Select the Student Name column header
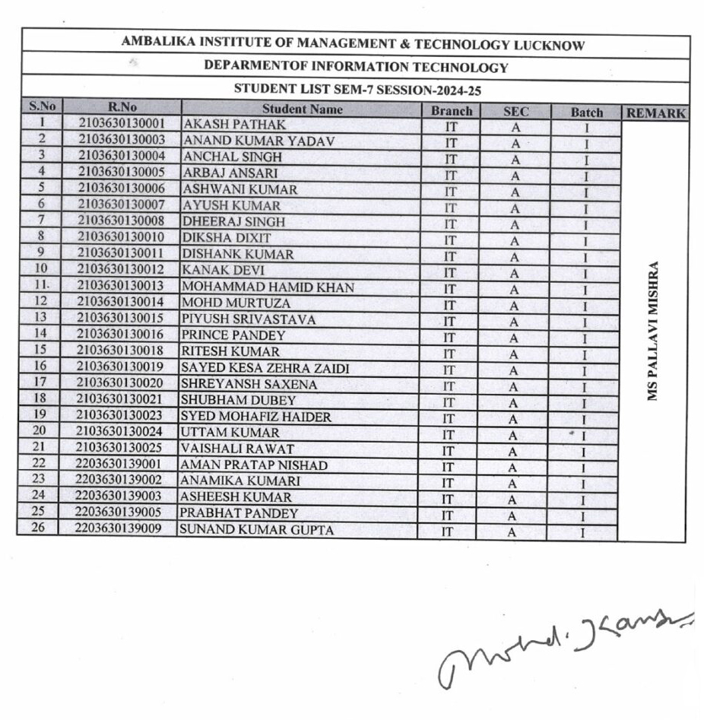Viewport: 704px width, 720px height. [x=302, y=109]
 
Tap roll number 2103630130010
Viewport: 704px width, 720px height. [x=122, y=237]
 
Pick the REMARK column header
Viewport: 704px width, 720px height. [x=655, y=114]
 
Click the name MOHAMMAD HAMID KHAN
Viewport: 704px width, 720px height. [x=268, y=287]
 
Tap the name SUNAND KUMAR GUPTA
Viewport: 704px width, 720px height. [x=256, y=530]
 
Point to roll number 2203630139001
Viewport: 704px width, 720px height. [x=119, y=463]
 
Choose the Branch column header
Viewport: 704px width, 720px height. [x=452, y=111]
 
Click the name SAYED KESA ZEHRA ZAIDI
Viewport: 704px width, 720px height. [x=265, y=368]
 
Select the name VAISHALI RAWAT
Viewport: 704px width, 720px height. [x=237, y=449]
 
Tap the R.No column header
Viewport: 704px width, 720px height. [x=122, y=107]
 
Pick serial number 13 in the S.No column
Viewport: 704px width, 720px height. [x=41, y=317]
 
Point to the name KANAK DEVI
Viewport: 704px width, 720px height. [x=224, y=270]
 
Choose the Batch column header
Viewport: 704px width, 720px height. [x=587, y=113]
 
